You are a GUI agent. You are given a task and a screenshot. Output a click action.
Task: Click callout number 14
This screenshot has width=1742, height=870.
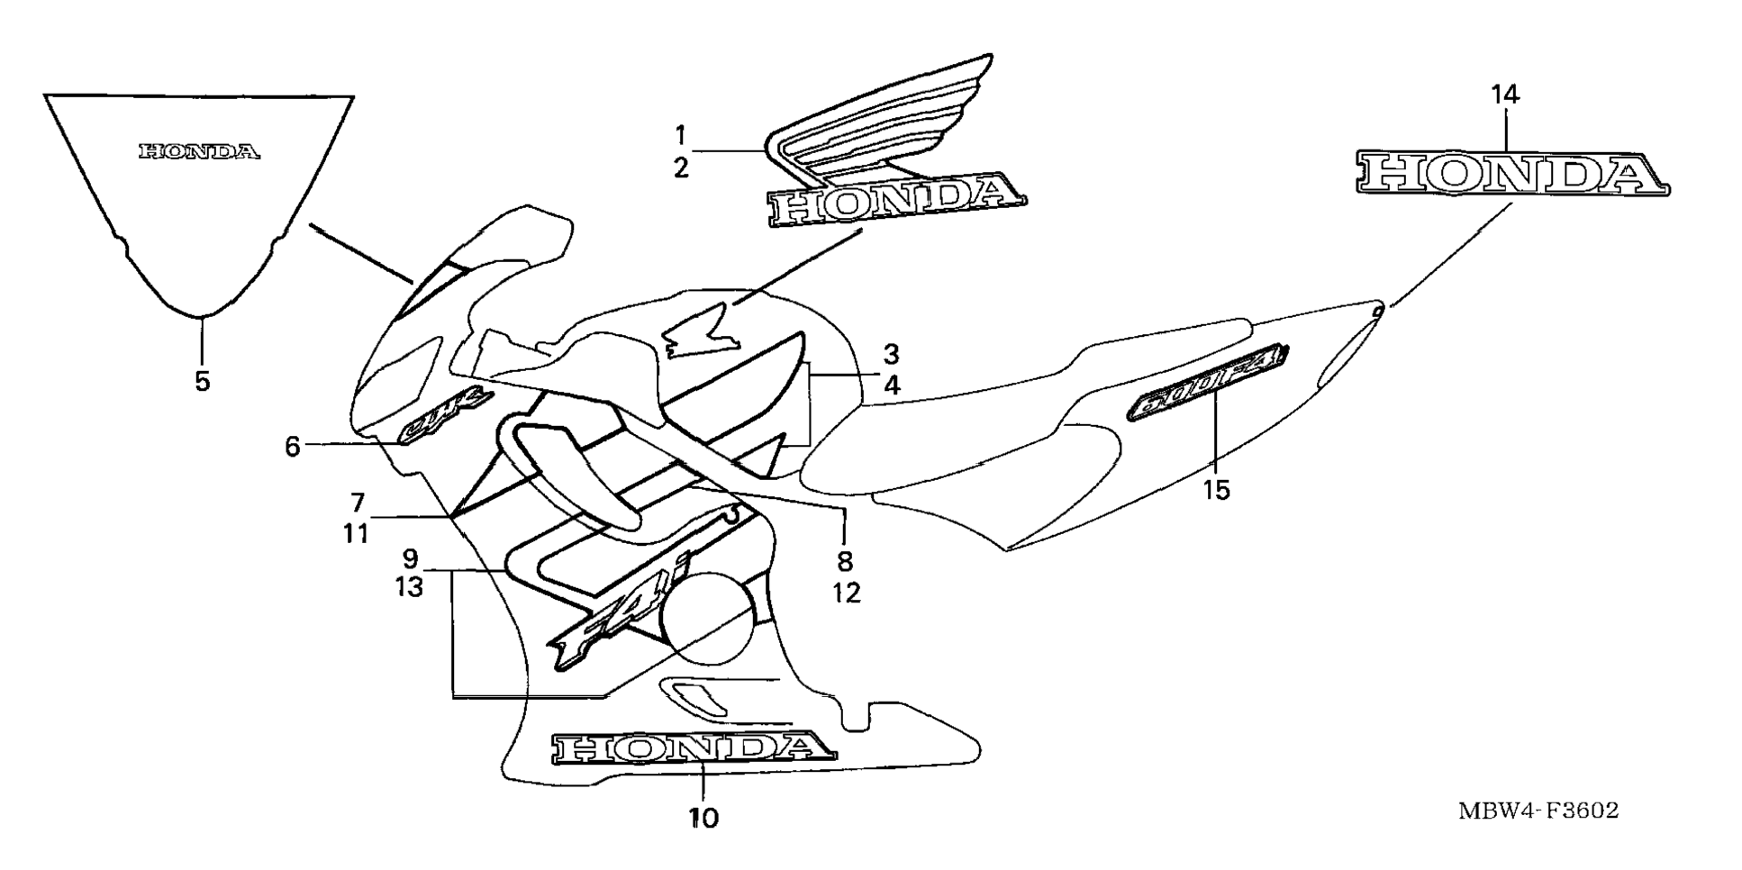pyautogui.click(x=1504, y=94)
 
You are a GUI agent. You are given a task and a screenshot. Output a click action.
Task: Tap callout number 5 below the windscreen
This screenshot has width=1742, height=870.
pyautogui.click(x=203, y=381)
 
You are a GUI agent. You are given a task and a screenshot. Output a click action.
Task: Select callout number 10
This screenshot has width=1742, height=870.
pyautogui.click(x=703, y=819)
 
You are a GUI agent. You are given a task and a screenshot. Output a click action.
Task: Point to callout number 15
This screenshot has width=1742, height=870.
pyautogui.click(x=1215, y=491)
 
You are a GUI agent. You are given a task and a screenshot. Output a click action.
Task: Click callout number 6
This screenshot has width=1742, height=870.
pyautogui.click(x=292, y=446)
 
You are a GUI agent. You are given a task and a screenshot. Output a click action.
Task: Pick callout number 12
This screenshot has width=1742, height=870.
pyautogui.click(x=847, y=593)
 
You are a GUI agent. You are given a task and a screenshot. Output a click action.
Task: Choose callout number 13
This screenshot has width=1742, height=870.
pyautogui.click(x=409, y=587)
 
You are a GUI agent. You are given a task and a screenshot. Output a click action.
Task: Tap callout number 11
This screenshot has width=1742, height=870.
pyautogui.click(x=356, y=533)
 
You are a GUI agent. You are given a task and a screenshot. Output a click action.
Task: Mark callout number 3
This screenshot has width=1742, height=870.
pyautogui.click(x=891, y=353)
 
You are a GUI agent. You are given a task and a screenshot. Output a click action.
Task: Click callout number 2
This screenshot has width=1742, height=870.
pyautogui.click(x=681, y=167)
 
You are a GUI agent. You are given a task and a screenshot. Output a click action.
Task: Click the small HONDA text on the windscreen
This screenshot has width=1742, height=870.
pyautogui.click(x=199, y=151)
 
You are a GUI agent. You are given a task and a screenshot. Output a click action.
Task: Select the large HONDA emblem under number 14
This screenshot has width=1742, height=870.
pyautogui.click(x=1511, y=174)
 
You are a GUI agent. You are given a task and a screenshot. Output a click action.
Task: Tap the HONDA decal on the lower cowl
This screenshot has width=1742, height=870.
pyautogui.click(x=692, y=748)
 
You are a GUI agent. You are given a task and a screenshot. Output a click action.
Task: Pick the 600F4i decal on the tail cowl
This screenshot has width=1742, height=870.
pyautogui.click(x=1206, y=383)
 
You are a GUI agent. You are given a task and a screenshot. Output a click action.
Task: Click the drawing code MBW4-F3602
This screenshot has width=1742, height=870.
pyautogui.click(x=1538, y=811)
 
